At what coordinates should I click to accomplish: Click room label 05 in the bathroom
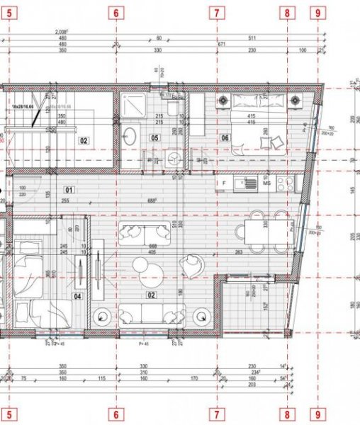154,139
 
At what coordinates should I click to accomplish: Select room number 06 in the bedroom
225,139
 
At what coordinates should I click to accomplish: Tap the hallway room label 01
69,189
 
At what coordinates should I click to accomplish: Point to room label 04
77,297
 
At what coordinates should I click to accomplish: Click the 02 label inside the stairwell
83,141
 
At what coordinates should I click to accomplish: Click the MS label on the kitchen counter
267,183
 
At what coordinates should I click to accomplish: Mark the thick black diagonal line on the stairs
33,118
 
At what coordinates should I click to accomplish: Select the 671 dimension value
222,45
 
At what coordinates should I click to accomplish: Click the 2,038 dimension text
62,32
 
